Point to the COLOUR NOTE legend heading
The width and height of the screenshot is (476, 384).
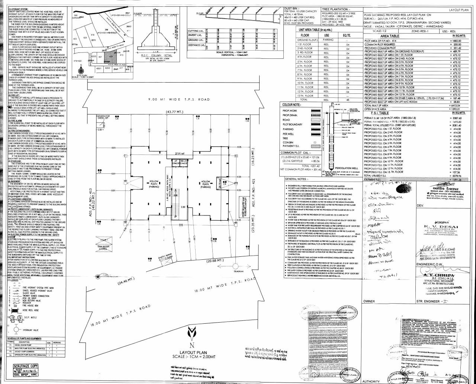(294, 105)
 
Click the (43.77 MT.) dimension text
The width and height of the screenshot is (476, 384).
(176, 112)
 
